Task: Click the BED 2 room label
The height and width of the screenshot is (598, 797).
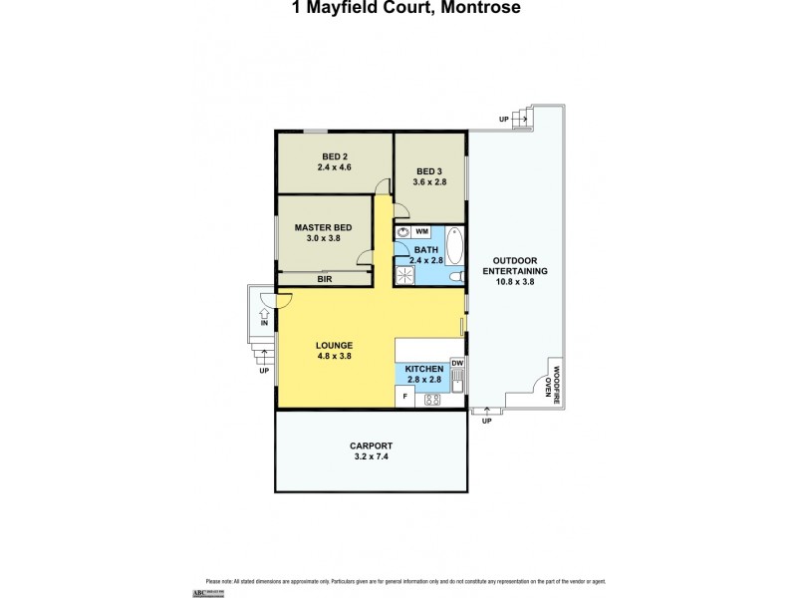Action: click(334, 155)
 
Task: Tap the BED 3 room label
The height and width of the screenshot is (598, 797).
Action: click(430, 171)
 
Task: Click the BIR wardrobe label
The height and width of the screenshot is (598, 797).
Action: click(325, 280)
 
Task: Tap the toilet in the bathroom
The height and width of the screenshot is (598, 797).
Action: click(454, 277)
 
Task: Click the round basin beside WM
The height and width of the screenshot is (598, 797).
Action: click(402, 231)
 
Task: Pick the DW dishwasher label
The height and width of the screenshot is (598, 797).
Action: click(457, 363)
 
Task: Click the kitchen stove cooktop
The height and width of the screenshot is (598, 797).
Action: click(433, 399)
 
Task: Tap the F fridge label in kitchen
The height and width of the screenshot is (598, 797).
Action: click(404, 398)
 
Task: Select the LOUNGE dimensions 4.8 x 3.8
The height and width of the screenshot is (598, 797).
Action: click(335, 356)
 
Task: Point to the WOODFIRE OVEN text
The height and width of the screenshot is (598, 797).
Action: click(552, 383)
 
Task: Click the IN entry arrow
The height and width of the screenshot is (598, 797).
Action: click(264, 317)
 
